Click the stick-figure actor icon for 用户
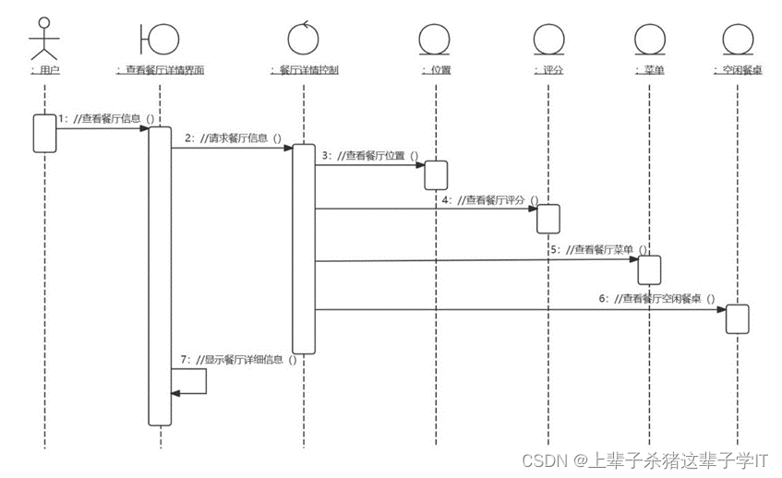click(x=43, y=37)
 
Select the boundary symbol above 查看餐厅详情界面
click(x=160, y=38)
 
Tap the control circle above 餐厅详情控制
click(x=303, y=38)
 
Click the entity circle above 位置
click(x=435, y=39)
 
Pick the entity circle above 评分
click(x=547, y=39)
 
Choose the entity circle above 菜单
click(x=650, y=39)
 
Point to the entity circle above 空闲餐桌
click(x=738, y=39)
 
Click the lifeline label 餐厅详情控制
click(x=303, y=69)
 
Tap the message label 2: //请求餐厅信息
click(x=232, y=137)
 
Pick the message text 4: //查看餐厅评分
click(x=489, y=199)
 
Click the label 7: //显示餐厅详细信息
click(x=238, y=360)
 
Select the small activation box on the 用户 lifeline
click(x=44, y=133)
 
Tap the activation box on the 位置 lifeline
click(x=436, y=174)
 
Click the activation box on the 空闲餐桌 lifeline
click(x=737, y=318)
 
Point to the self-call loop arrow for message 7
click(x=194, y=381)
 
